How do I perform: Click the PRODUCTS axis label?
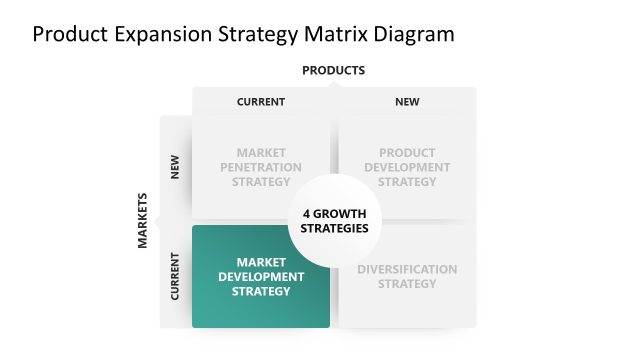(333, 70)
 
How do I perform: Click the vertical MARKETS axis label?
(143, 220)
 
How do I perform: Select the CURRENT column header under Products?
(261, 101)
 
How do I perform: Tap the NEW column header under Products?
(407, 101)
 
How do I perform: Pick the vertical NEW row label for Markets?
(175, 166)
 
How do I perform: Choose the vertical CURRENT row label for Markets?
(175, 276)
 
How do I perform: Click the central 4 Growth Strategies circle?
(334, 220)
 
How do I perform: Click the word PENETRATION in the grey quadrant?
(261, 167)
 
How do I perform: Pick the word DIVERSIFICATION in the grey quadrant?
(407, 269)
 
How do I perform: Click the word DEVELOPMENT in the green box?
(261, 277)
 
